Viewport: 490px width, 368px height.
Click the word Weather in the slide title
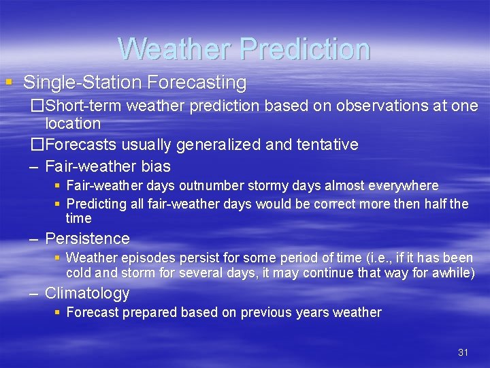[x=175, y=48]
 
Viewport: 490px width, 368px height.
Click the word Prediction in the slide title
[x=305, y=48]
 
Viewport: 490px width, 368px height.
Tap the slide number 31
[x=463, y=352]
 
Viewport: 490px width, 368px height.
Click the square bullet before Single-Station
[x=8, y=82]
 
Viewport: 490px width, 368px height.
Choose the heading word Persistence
[x=87, y=239]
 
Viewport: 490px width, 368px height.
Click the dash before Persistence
[x=33, y=239]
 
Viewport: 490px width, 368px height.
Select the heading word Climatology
[x=87, y=294]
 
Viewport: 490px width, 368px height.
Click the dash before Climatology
[x=33, y=294]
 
